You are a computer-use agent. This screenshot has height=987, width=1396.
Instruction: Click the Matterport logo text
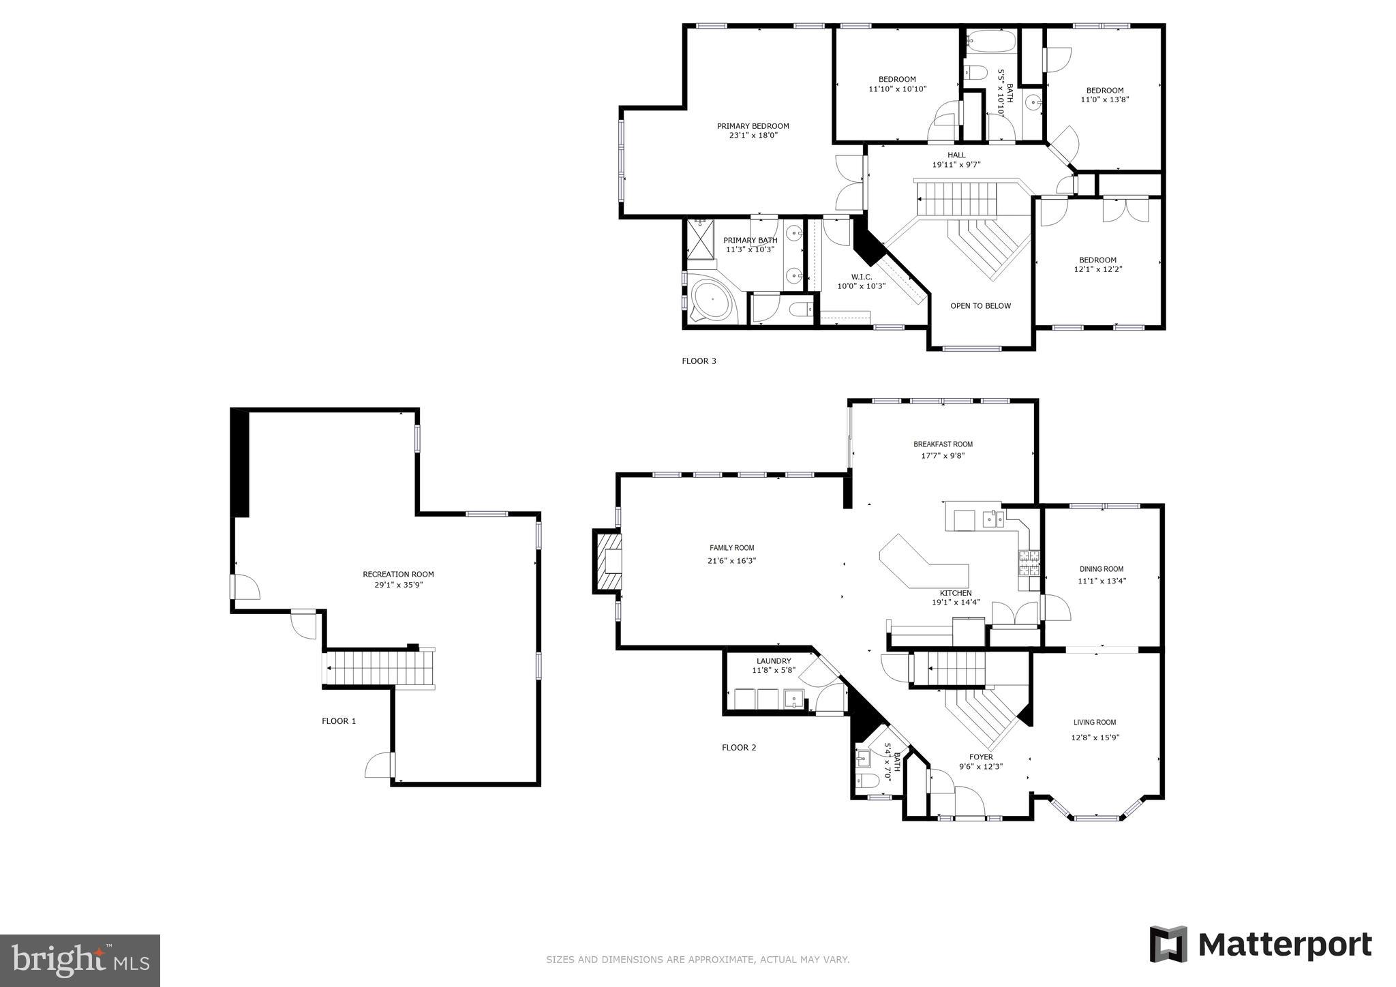coord(1284,945)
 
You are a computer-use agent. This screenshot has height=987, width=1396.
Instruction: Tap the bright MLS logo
coord(80,960)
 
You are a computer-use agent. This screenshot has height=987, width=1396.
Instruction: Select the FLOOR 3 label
coord(699,361)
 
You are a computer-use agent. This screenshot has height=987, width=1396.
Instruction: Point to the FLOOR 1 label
coord(339,721)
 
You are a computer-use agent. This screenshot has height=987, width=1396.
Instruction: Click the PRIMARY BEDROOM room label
coord(753,126)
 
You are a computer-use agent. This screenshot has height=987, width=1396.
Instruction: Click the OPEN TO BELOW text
coord(980,306)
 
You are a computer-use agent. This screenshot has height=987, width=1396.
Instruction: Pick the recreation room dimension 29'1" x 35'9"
coord(398,585)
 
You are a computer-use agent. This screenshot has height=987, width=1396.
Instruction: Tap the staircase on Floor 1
coord(379,668)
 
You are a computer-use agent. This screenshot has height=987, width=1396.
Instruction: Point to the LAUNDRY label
coord(773,661)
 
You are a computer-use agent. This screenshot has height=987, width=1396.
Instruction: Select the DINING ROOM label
coord(1101,569)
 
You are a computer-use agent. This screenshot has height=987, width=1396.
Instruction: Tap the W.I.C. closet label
coord(861,277)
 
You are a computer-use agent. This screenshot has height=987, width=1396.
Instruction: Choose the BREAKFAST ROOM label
coord(943,444)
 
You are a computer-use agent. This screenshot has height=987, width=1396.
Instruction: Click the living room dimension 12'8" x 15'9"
coord(1095,737)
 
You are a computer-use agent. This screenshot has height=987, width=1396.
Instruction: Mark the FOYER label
coord(981,757)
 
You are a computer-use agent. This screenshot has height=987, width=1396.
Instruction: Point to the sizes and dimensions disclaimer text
coord(697,960)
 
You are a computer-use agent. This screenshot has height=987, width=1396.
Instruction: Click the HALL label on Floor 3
coord(956,155)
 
